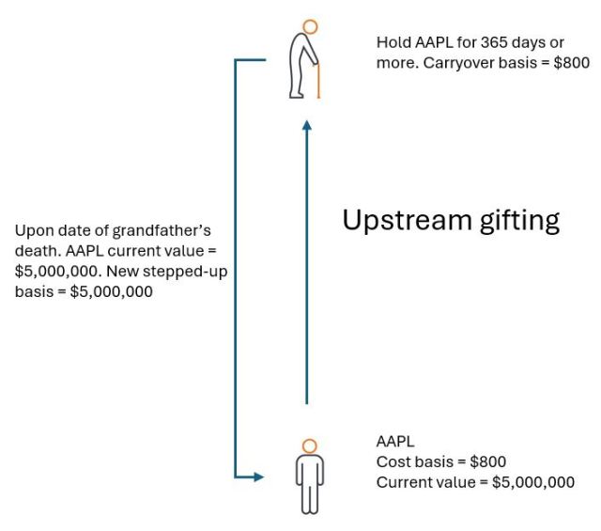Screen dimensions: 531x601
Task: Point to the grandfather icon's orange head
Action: (311, 27)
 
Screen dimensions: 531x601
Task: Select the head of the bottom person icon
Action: (309, 445)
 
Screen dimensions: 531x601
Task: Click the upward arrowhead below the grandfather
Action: (305, 125)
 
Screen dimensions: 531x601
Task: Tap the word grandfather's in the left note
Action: (169, 230)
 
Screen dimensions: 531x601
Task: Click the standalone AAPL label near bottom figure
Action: (395, 440)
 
